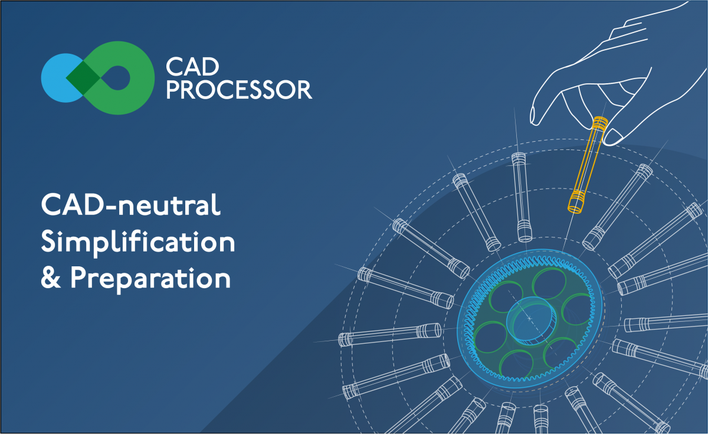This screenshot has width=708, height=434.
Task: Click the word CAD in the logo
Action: [192, 67]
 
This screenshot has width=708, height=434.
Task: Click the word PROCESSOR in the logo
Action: [240, 90]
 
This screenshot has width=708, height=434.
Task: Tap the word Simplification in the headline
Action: [138, 243]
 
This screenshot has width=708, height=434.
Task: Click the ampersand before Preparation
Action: [51, 278]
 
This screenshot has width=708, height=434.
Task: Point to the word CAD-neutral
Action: [130, 205]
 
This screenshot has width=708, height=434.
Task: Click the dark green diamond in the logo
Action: [83, 78]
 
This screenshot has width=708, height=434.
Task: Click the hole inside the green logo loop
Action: [117, 78]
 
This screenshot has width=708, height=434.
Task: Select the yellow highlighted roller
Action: [587, 165]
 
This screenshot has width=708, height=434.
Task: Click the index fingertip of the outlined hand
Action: [534, 118]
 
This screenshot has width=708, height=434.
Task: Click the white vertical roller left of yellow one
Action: [522, 197]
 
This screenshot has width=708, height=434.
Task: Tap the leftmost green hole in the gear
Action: [490, 337]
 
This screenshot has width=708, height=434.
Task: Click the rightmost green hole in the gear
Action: [578, 309]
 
